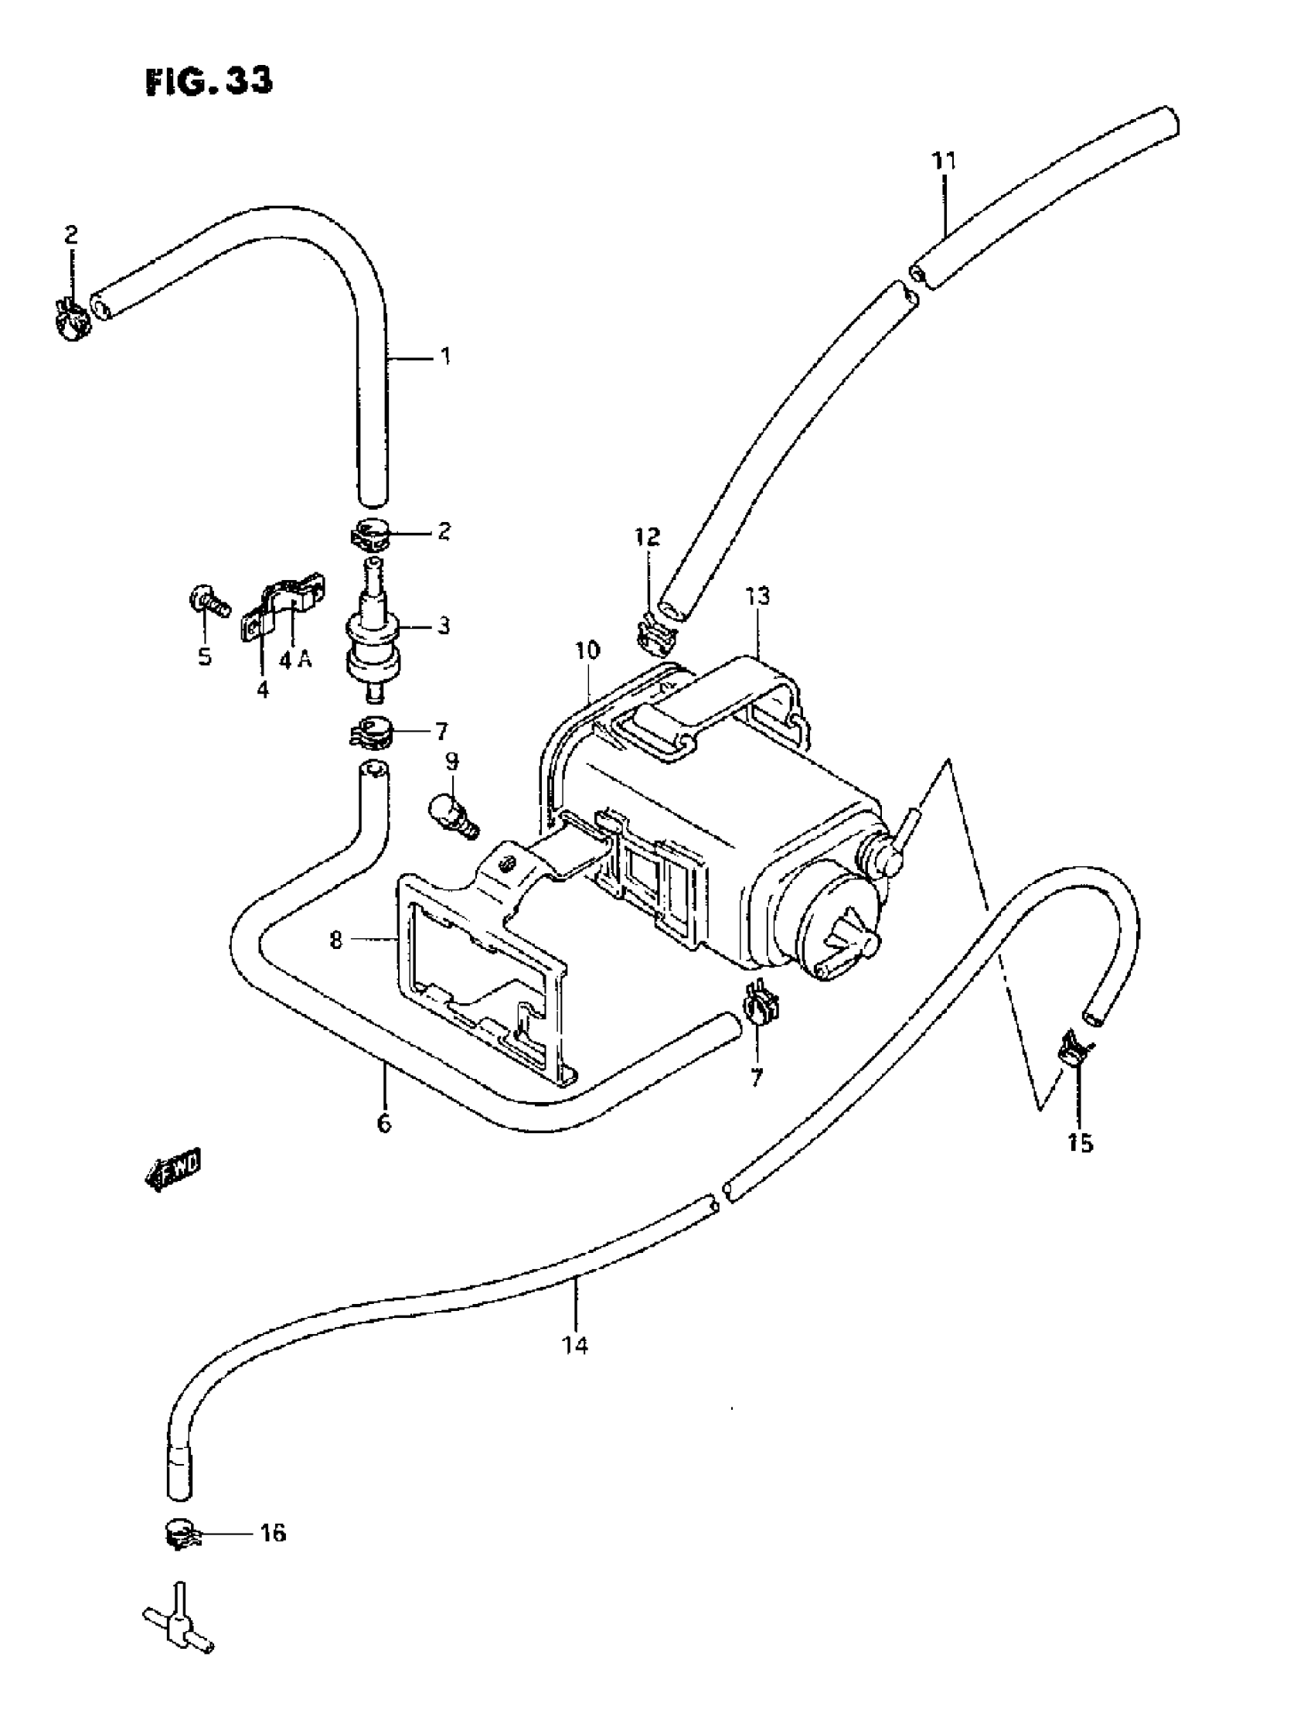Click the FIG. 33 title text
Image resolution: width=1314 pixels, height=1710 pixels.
pyautogui.click(x=209, y=81)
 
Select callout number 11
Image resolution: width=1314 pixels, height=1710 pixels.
pyautogui.click(x=944, y=161)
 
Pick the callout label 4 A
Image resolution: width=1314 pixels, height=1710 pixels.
pyautogui.click(x=295, y=660)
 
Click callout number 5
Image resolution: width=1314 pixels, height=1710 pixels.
pyautogui.click(x=204, y=656)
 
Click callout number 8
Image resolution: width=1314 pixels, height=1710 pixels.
pyautogui.click(x=336, y=940)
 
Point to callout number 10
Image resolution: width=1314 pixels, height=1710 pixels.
pyautogui.click(x=587, y=650)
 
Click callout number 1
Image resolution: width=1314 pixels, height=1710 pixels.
pyautogui.click(x=445, y=357)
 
